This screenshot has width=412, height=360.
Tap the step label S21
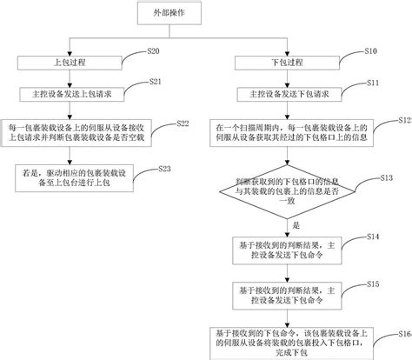coord(156,82)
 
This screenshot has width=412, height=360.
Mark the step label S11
coord(371,82)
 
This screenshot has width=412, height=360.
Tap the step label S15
coord(372,283)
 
